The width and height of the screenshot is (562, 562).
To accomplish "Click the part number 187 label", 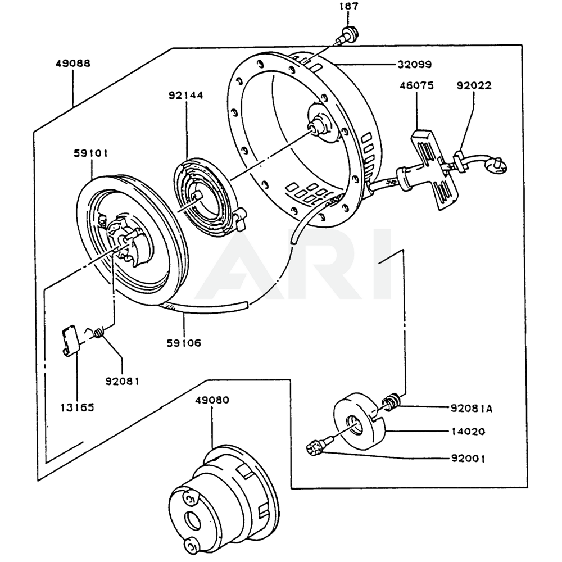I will (348, 7).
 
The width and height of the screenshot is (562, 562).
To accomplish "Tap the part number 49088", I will (72, 63).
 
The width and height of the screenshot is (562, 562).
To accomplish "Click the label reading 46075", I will (416, 86).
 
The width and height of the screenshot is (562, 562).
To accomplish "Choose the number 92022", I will (473, 86).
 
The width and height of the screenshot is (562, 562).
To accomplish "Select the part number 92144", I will (185, 96).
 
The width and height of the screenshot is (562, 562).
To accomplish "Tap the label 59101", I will (90, 153).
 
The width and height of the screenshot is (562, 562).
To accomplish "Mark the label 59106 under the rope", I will (184, 342).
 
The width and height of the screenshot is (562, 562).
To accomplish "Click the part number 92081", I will (122, 381).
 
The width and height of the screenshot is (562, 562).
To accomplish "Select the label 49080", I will (212, 400).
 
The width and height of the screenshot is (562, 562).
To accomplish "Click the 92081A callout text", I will (471, 409).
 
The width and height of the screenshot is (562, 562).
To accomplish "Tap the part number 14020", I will (468, 432).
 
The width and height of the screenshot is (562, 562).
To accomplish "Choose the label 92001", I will (468, 458).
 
